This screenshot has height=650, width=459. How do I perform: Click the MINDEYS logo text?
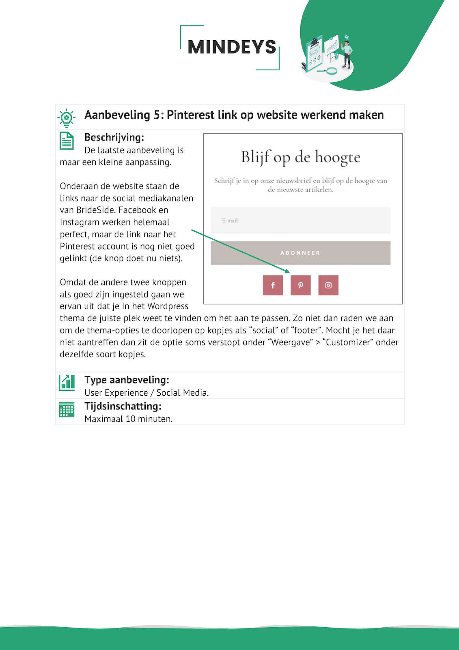coord(232,47)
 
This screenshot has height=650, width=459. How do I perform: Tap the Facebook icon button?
coord(273,285)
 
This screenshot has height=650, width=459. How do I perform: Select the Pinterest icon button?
coord(301,285)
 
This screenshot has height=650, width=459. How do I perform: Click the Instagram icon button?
coord(328,285)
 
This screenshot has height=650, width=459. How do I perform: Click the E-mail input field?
coord(300,221)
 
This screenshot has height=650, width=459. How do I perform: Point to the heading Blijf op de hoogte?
coord(301,157)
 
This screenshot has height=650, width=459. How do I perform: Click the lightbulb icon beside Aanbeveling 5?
coord(67,118)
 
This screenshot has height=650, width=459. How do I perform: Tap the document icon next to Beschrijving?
coord(67,141)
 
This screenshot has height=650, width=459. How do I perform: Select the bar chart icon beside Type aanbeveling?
coord(67,383)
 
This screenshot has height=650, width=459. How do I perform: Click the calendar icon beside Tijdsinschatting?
coord(67,409)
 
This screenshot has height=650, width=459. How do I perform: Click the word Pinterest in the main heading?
coord(190,115)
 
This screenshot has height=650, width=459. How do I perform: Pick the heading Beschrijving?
coord(114,137)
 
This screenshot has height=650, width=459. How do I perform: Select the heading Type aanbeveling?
coord(127,380)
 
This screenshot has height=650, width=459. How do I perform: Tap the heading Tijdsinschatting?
coord(123,406)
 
